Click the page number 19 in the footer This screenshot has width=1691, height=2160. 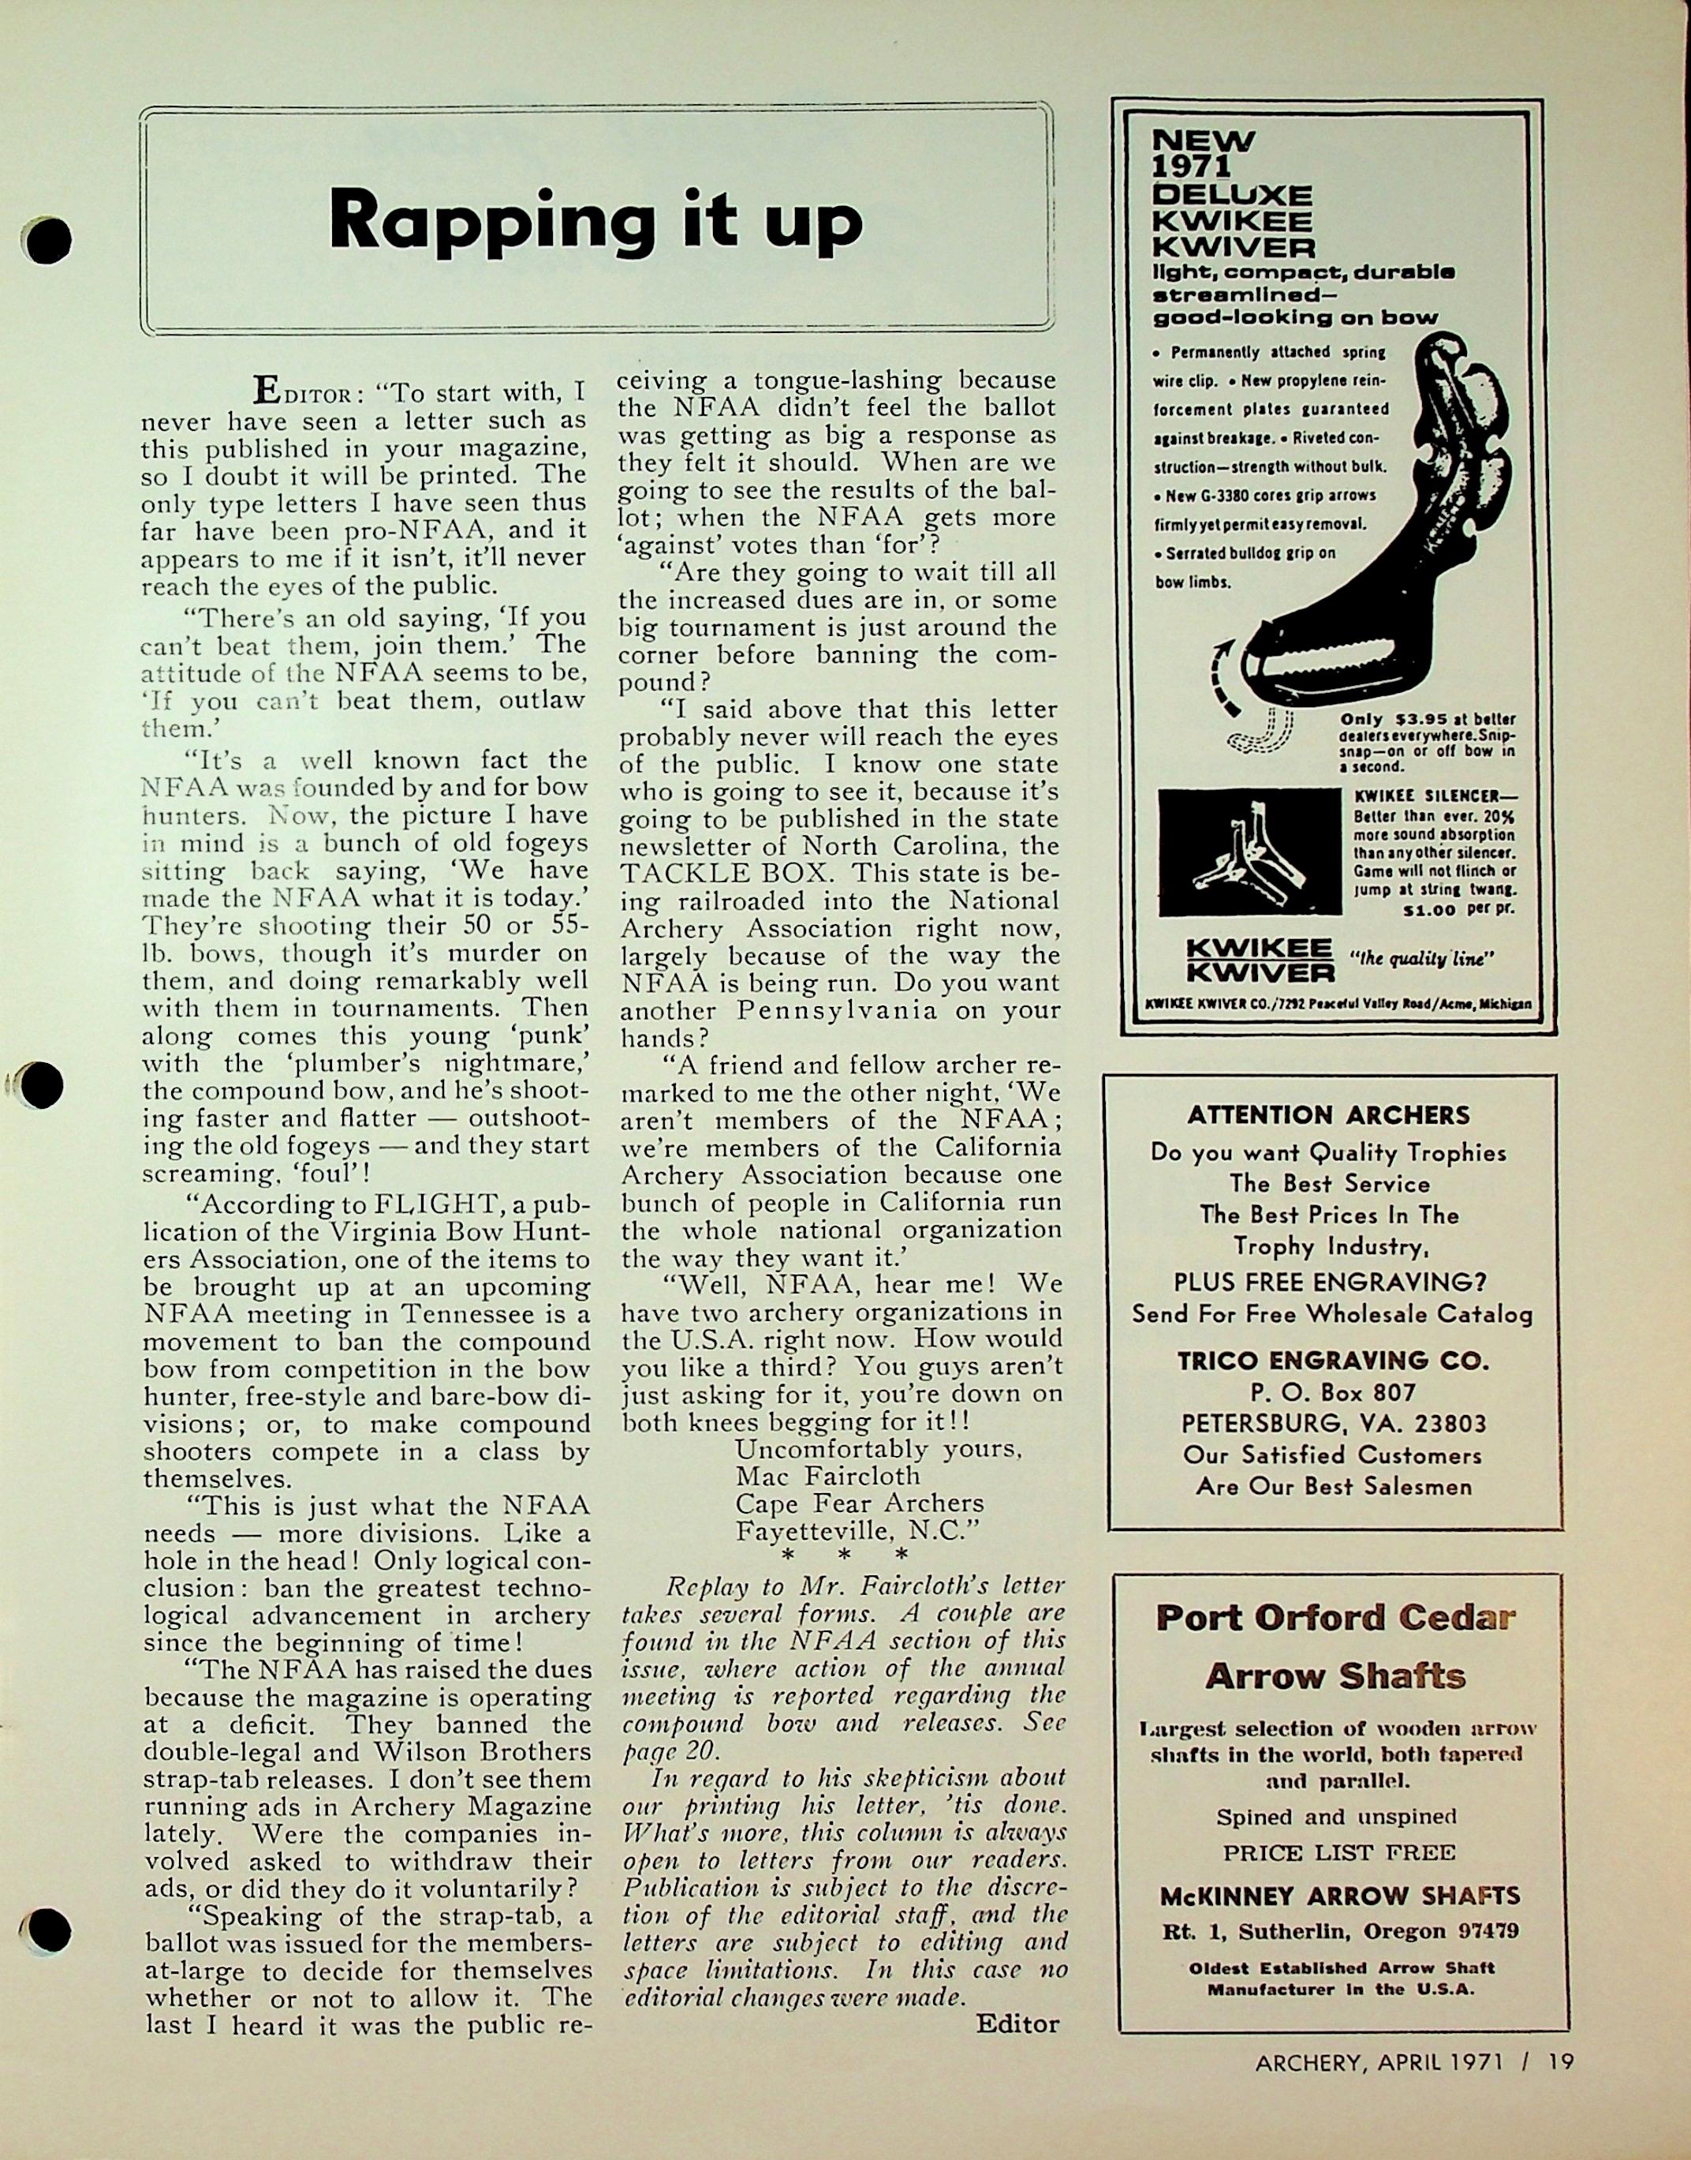1562,2063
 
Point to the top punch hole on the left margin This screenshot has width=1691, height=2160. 47,238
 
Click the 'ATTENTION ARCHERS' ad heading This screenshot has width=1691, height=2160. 1329,1115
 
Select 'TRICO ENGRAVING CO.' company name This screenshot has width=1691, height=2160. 1333,1360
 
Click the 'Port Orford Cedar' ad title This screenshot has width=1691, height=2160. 1335,1619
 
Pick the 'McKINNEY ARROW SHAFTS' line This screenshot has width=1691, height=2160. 1339,1896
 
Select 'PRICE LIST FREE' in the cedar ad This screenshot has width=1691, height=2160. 1338,1852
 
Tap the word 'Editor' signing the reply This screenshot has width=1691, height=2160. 1017,2023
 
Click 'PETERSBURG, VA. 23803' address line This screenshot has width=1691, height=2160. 1335,1423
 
